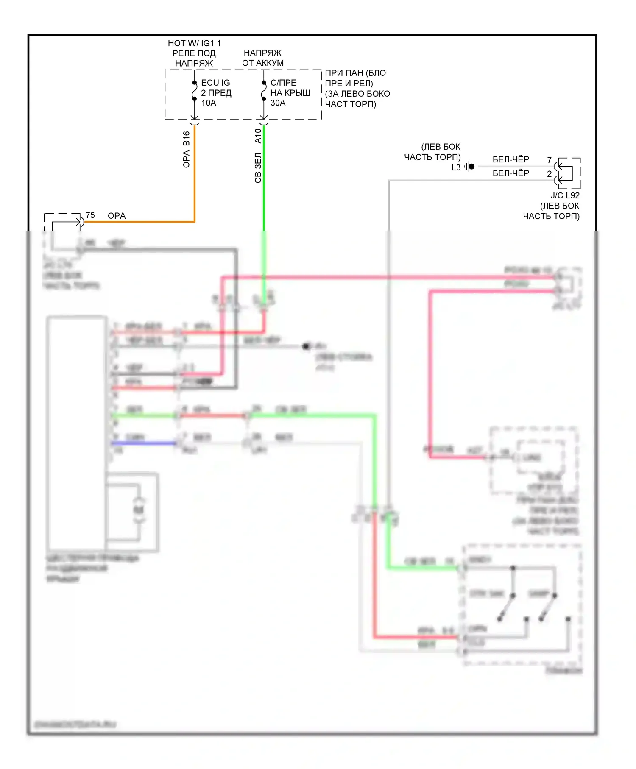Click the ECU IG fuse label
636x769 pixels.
point(215,83)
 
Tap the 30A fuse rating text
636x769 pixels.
point(278,103)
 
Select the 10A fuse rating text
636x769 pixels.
point(209,103)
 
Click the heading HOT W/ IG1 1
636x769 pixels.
point(194,43)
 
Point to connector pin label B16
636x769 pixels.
point(187,138)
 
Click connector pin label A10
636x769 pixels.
point(258,136)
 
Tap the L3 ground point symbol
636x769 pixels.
point(470,167)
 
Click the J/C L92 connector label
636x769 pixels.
point(565,195)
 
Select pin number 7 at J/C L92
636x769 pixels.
point(549,160)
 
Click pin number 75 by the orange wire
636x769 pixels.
point(90,215)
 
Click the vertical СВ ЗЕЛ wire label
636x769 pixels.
point(258,168)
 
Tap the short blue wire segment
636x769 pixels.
point(144,443)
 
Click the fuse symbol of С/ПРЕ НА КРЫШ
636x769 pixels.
point(264,91)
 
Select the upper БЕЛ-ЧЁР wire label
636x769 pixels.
point(510,159)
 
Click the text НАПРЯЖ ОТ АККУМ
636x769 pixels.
point(263,58)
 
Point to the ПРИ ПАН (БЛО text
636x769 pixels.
point(355,73)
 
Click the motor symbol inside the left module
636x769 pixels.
point(139,510)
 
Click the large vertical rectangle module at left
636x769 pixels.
point(77,432)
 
